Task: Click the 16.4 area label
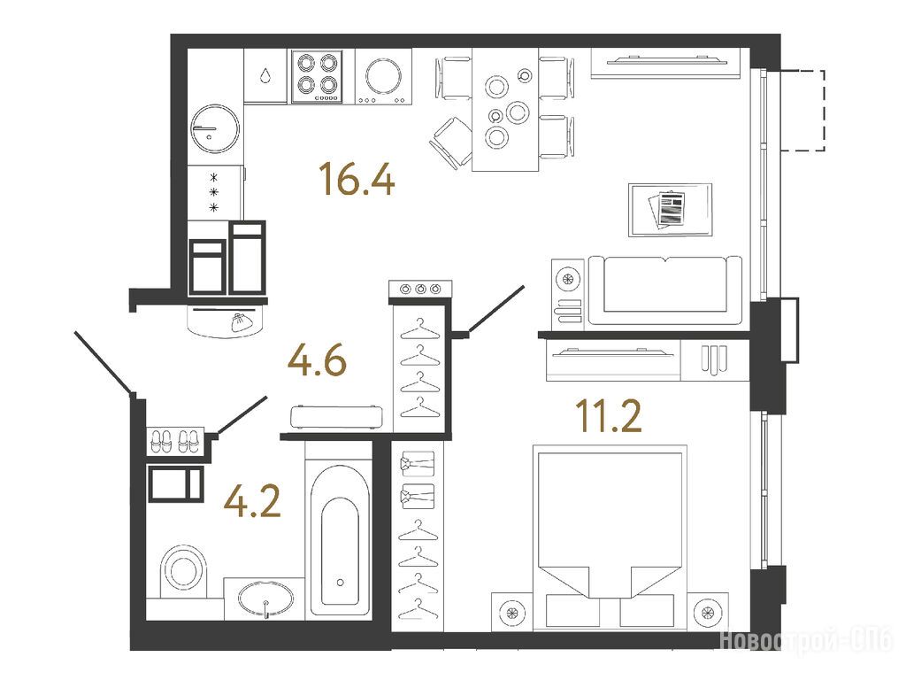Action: (357, 179)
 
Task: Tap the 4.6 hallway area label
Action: (318, 360)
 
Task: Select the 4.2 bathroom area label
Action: (252, 501)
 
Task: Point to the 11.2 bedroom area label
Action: (609, 416)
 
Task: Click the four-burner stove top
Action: (318, 76)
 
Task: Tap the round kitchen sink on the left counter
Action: (214, 128)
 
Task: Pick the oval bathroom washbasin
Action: (265, 600)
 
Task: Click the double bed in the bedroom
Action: (610, 537)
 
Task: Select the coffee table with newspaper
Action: (671, 210)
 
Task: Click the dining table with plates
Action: (505, 110)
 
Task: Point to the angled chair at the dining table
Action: (450, 143)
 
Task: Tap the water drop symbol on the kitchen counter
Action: (265, 76)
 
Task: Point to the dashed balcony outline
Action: (803, 110)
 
